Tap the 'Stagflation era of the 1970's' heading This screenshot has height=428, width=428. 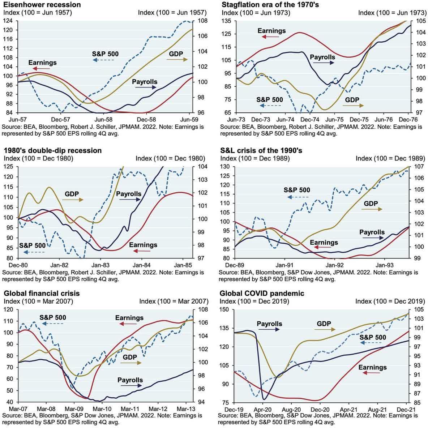(x=269, y=5)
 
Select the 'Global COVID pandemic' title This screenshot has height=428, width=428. (x=262, y=293)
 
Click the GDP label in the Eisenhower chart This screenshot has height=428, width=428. (x=176, y=54)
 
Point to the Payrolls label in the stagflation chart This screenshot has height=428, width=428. (x=322, y=57)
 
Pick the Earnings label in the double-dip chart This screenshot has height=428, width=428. (x=143, y=245)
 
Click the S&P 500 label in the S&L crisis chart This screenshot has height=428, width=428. (x=297, y=190)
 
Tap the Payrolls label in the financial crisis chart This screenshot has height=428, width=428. (x=130, y=380)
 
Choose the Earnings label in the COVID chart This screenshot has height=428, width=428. (x=372, y=367)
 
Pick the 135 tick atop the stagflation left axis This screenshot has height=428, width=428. (x=226, y=21)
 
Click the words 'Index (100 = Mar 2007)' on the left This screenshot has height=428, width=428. (x=38, y=301)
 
